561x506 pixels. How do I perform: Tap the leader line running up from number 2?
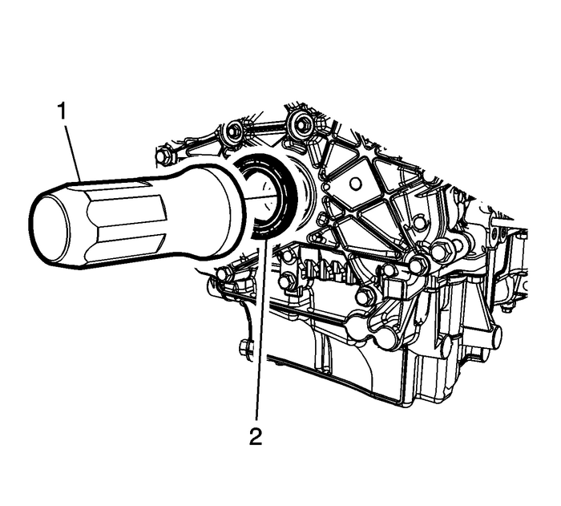[x=256, y=337]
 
